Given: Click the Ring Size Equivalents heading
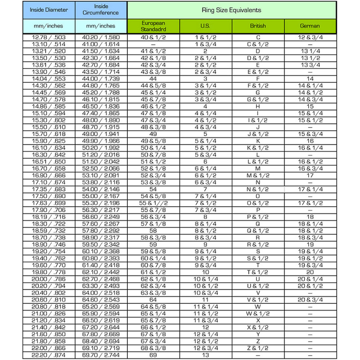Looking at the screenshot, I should [x=232, y=9].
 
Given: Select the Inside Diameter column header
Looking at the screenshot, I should [x=49, y=9].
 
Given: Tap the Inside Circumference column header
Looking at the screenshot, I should [x=101, y=9].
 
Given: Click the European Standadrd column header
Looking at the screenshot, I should [x=153, y=26].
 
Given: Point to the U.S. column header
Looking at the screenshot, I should [x=205, y=26].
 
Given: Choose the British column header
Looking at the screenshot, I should [x=258, y=26].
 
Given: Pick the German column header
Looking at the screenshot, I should [x=310, y=26].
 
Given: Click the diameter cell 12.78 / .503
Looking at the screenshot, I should [x=49, y=37].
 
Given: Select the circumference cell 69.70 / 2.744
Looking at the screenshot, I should [x=101, y=355].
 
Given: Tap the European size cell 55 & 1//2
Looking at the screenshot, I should [x=153, y=203].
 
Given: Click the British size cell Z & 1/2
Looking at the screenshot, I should [x=258, y=348].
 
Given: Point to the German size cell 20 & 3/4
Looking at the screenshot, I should [x=310, y=300].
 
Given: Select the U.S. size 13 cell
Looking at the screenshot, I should [x=205, y=355].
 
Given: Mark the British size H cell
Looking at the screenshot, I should [x=258, y=107].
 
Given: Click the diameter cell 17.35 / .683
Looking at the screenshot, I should [x=49, y=189].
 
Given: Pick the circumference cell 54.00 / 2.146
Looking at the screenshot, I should [x=101, y=189].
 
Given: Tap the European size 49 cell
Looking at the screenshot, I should [x=153, y=134].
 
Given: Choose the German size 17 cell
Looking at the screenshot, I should [x=310, y=175].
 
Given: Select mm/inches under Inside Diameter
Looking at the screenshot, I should [x=49, y=26].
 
